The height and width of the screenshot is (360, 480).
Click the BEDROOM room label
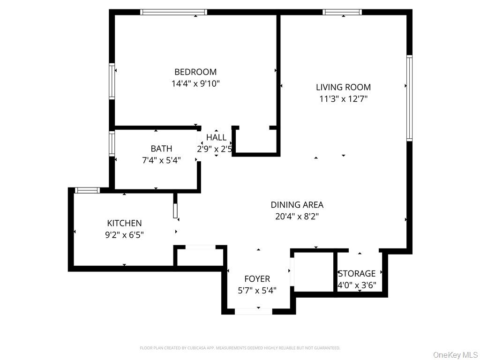pyautogui.click(x=195, y=72)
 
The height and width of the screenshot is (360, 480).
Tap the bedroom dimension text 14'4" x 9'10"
pyautogui.click(x=195, y=84)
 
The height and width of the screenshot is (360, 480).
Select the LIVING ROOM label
pyautogui.click(x=343, y=87)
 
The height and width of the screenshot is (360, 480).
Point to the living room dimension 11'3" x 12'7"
pyautogui.click(x=343, y=99)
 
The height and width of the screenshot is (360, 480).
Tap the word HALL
pyautogui.click(x=216, y=137)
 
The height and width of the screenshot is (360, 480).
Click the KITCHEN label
pyautogui.click(x=124, y=223)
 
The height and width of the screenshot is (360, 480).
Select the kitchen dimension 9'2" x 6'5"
pyautogui.click(x=124, y=235)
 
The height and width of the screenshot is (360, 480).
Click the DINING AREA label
pyautogui.click(x=297, y=205)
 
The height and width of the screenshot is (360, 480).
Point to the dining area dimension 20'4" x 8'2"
pyautogui.click(x=297, y=217)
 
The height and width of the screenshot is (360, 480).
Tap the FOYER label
pyautogui.click(x=257, y=279)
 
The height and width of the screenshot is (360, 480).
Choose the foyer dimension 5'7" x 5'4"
pyautogui.click(x=257, y=291)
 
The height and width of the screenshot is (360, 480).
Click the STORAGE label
pyautogui.click(x=357, y=273)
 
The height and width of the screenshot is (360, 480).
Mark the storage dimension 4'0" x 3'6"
pyautogui.click(x=357, y=285)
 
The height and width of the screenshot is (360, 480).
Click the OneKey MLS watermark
pyautogui.click(x=455, y=354)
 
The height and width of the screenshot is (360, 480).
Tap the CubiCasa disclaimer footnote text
pyautogui.click(x=240, y=348)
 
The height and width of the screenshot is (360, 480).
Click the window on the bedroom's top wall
pyautogui.click(x=174, y=12)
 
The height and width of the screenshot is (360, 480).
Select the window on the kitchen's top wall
pyautogui.click(x=87, y=190)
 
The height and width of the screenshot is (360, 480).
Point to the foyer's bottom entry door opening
pyautogui.click(x=253, y=311)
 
